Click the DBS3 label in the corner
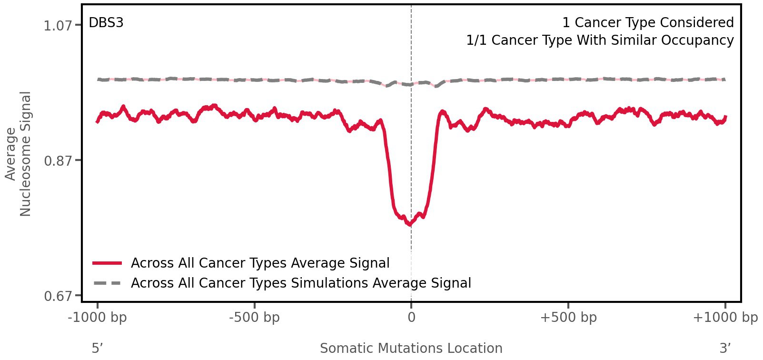106,23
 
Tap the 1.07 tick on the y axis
57,26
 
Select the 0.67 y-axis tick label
57,296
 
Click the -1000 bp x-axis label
98,318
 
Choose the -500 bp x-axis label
254,318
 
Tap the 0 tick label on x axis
411,318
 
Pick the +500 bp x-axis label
568,318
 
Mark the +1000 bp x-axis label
725,318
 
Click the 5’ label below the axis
98,348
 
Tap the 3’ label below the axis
725,348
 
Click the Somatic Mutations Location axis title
411,348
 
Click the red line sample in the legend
108,263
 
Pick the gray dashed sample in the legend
108,283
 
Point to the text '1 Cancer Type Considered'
648,23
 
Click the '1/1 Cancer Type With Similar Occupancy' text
600,40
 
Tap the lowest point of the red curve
409,225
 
